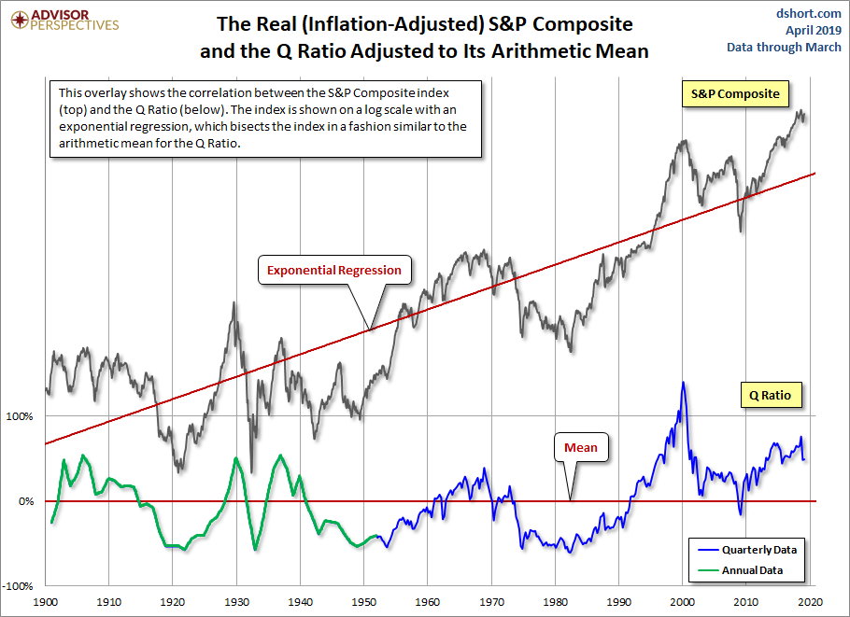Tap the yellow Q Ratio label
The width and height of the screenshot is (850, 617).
point(769,395)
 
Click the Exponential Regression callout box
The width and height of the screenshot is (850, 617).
point(333,271)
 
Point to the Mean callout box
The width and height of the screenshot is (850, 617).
point(581,447)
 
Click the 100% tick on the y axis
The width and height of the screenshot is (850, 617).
point(19,416)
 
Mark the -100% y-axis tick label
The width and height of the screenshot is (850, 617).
point(17,586)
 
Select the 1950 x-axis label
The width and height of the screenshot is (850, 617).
point(364,604)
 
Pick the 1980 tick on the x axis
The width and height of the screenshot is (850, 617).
point(556,604)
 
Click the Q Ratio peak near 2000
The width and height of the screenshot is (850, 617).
point(683,383)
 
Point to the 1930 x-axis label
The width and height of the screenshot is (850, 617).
point(237,604)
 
